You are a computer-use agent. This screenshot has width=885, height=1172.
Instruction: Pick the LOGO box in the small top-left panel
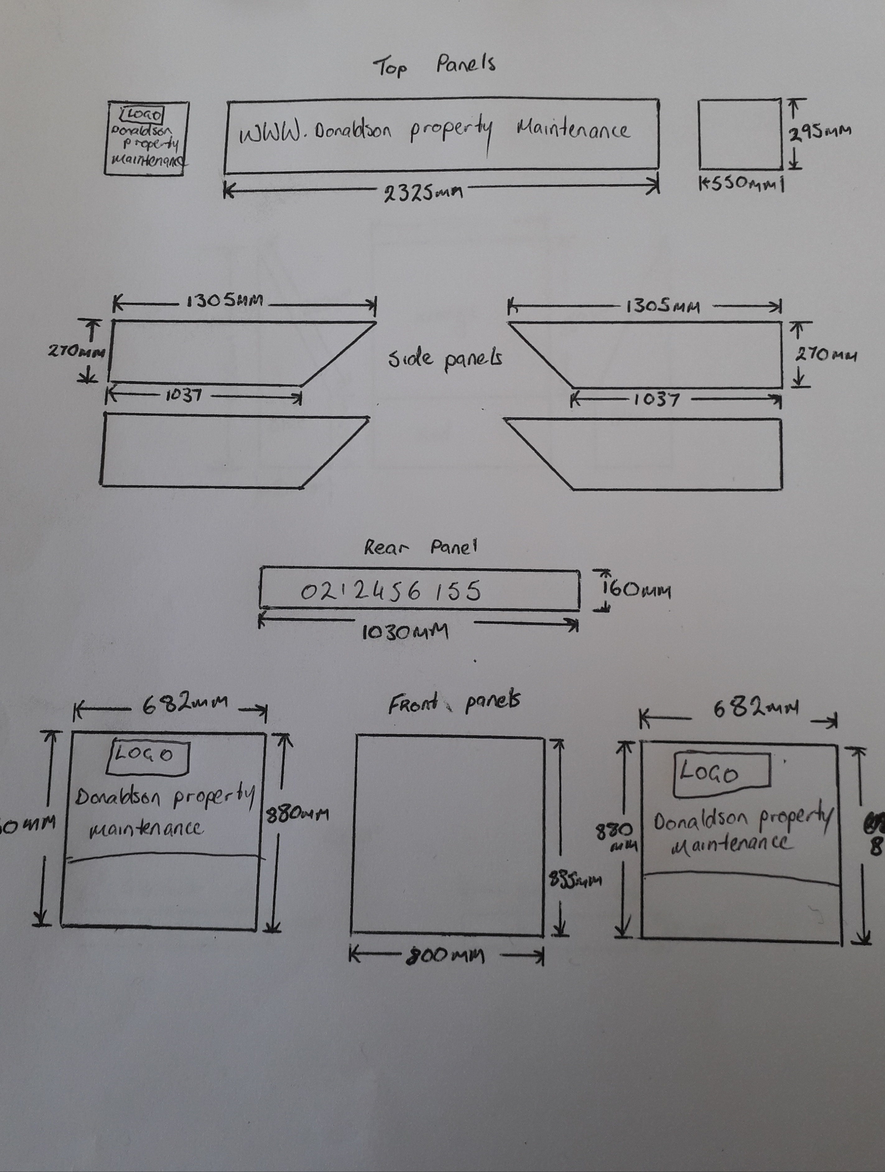coord(142,114)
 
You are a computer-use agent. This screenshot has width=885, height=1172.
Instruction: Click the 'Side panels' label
coord(445,360)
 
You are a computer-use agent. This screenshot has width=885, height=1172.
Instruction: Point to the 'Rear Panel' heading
coord(420,547)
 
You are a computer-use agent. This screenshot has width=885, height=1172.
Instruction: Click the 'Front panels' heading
coord(454,702)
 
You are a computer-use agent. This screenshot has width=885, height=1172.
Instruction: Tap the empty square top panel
coord(740,135)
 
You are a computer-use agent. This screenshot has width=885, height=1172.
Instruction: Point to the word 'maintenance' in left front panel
coord(146,828)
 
